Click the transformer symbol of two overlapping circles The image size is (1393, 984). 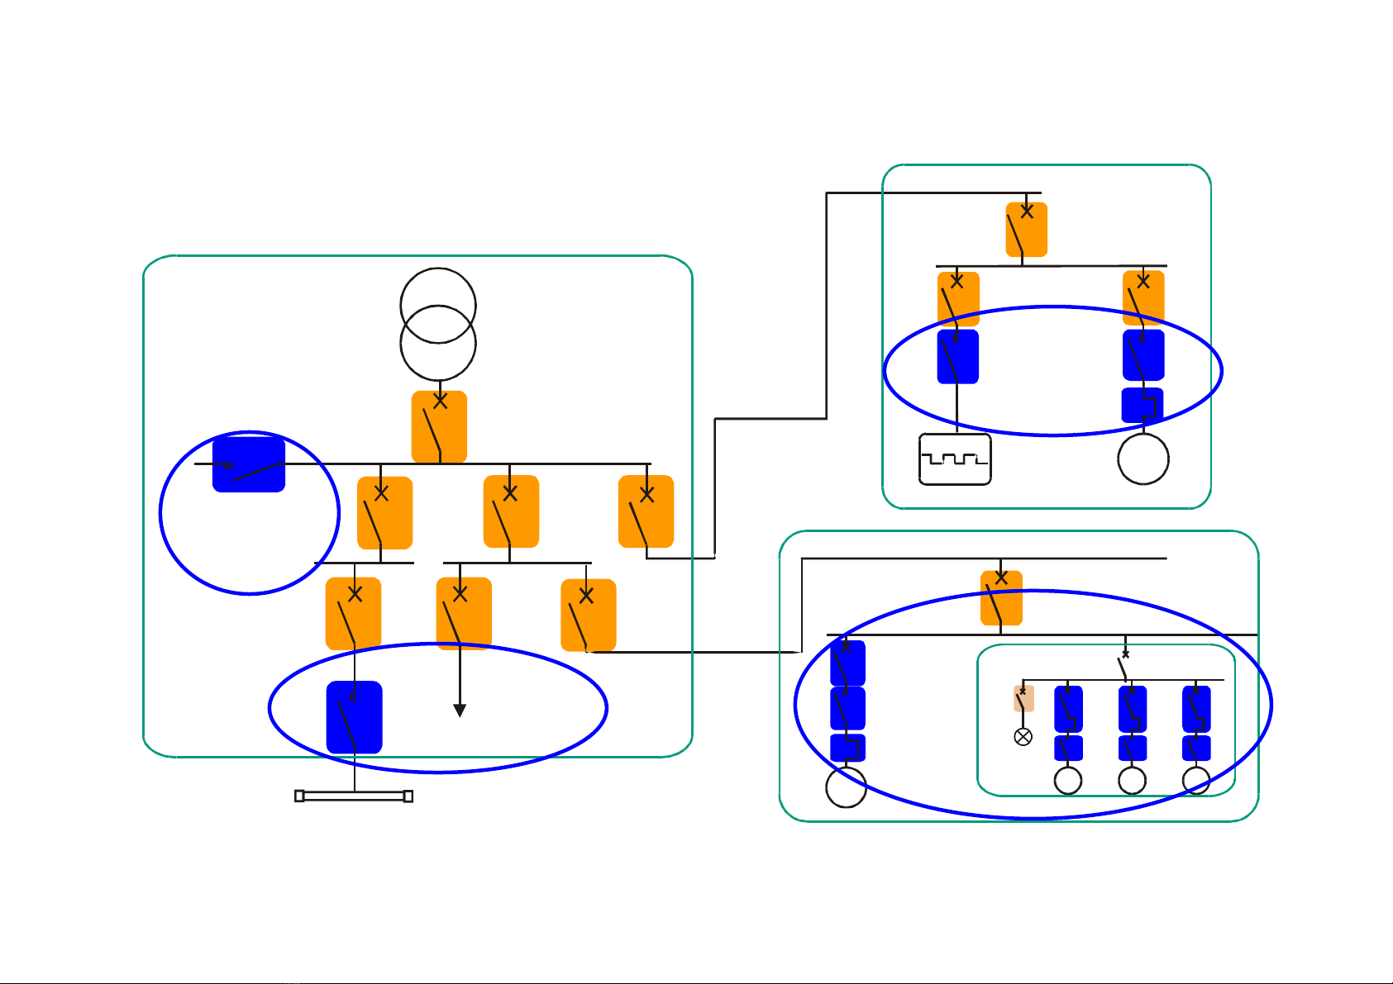click(x=438, y=324)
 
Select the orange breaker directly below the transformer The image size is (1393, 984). click(x=439, y=426)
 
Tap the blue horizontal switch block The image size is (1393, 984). click(x=249, y=465)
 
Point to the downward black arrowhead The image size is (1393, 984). click(x=460, y=711)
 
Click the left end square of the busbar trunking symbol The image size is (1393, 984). click(x=299, y=796)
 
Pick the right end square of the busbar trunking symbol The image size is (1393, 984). click(x=408, y=796)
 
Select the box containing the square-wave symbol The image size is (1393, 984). click(x=955, y=459)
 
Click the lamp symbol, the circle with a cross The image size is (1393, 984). click(x=1023, y=737)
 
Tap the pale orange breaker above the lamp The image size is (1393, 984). click(x=1023, y=699)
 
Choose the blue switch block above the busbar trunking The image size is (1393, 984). click(x=354, y=717)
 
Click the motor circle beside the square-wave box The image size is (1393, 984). click(x=1143, y=459)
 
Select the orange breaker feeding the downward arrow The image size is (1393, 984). click(x=464, y=613)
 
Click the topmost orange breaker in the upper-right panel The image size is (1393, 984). click(x=1026, y=229)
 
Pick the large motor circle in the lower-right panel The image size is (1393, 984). click(x=846, y=787)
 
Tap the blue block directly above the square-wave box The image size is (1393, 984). click(x=957, y=357)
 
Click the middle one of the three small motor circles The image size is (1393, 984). click(x=1132, y=781)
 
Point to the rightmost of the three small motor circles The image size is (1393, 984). click(x=1196, y=781)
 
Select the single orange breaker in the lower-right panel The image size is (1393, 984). click(x=1001, y=597)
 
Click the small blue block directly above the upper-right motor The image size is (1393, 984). click(x=1142, y=405)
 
